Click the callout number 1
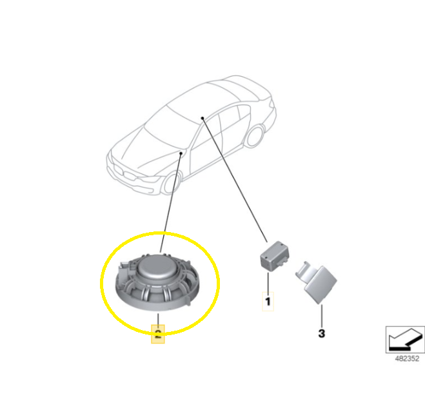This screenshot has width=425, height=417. (268, 301)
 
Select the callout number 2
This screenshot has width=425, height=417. (158, 334)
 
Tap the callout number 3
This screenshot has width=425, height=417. (321, 334)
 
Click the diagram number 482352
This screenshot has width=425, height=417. (407, 358)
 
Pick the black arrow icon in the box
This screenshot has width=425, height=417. (406, 340)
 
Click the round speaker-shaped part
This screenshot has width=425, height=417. (157, 282)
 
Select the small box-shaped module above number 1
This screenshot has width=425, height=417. (274, 256)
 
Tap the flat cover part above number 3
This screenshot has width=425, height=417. (316, 282)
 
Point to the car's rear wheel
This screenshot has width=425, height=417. (255, 135)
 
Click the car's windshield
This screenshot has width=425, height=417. (170, 121)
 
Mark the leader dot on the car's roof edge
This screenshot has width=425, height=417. (203, 118)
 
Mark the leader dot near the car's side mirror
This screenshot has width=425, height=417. (181, 153)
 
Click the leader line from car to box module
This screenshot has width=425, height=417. (235, 180)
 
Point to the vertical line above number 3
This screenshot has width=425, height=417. (322, 316)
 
